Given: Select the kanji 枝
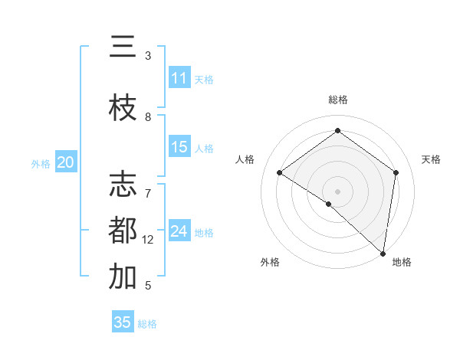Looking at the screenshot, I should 123,108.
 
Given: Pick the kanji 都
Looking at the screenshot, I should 123,230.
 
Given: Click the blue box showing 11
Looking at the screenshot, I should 179,78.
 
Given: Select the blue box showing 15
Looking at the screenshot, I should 179,147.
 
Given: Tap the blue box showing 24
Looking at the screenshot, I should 179,231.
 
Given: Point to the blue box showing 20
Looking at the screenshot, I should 66,162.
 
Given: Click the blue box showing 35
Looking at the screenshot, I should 123,322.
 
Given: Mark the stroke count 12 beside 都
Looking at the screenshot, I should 149,240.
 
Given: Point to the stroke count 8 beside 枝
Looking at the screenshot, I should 148,117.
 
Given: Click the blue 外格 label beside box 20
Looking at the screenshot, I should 41,163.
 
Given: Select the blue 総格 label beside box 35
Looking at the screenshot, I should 147,323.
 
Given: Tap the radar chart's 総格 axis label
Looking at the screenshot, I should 338,100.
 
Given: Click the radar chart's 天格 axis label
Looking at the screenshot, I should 431,159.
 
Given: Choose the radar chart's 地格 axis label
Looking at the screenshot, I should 402,262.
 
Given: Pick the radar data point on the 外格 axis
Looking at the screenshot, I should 328,204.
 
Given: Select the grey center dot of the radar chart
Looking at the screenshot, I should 337,191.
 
